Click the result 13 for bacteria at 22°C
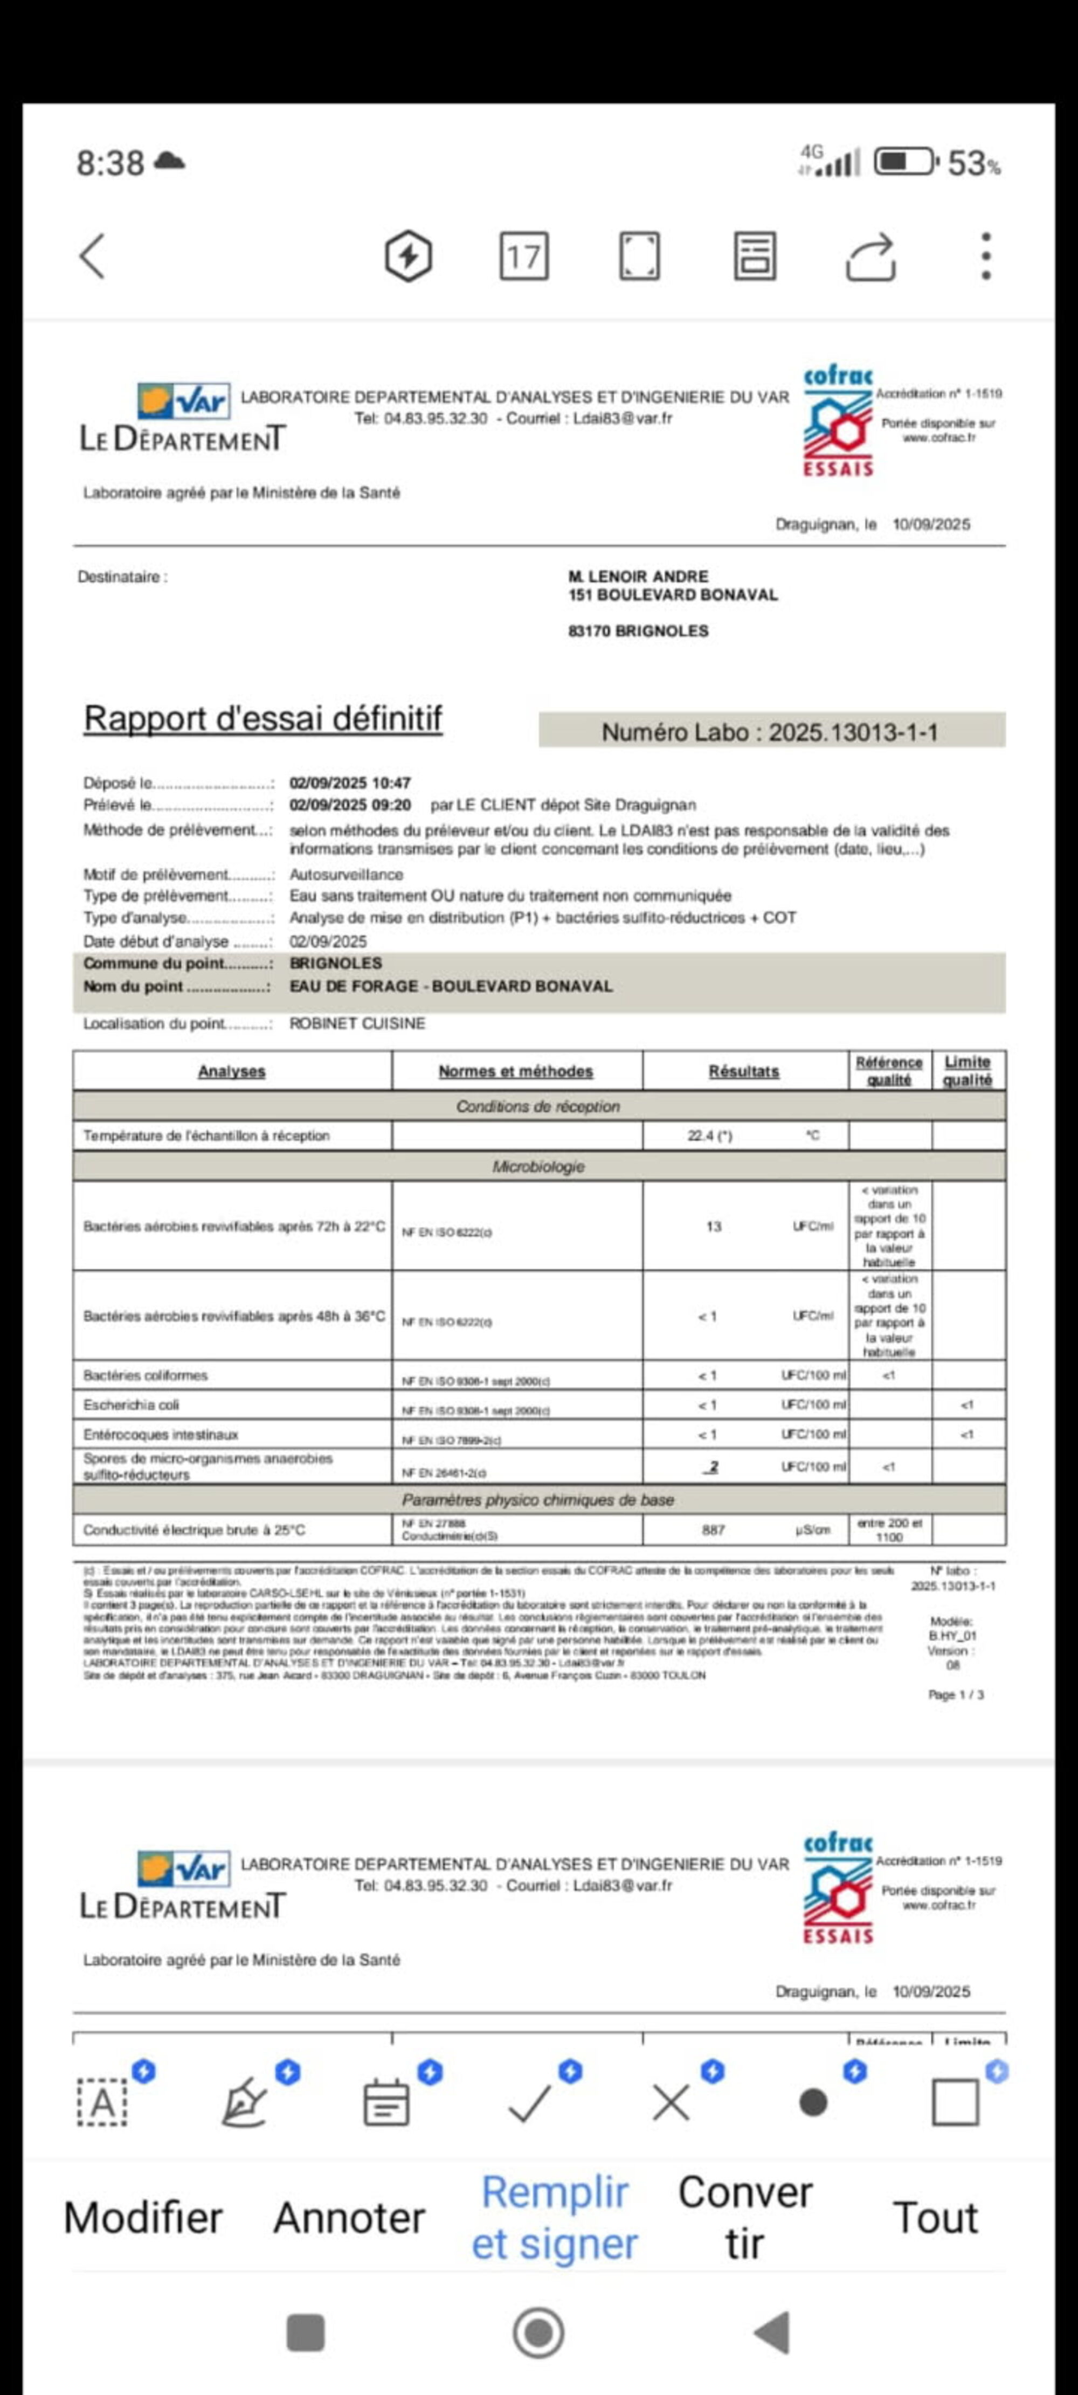click(x=714, y=1226)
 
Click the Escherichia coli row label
click(x=131, y=1405)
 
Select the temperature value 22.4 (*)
click(x=710, y=1135)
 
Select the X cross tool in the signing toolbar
click(x=671, y=2103)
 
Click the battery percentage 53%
click(x=973, y=164)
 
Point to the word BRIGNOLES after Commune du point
click(x=336, y=963)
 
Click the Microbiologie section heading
click(x=538, y=1166)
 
